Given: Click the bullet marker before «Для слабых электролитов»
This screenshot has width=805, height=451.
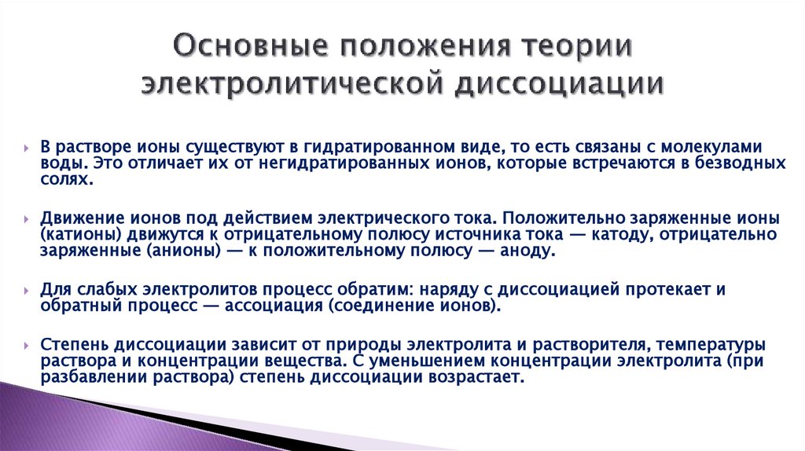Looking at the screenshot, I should [x=28, y=290].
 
